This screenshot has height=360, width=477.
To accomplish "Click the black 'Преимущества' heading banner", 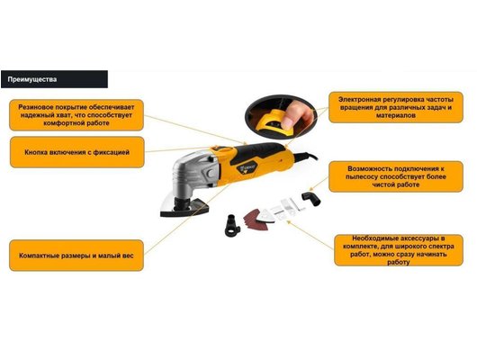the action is point(54,79).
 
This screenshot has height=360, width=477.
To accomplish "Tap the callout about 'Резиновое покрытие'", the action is point(76,115).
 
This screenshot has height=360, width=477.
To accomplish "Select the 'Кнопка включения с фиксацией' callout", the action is point(77,152).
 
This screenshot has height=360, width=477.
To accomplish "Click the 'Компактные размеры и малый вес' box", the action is point(76,256).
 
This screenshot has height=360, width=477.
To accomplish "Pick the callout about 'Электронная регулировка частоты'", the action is point(396,107).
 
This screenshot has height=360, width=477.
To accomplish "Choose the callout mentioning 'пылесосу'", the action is point(396,176).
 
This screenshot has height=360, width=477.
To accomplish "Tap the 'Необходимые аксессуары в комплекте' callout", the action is point(399,250).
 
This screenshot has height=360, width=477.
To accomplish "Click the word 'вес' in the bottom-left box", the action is point(128,256).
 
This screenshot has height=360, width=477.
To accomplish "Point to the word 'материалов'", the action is point(395,115).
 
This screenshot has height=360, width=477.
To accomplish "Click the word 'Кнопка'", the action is point(35,152).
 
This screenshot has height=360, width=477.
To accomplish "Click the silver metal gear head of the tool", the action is point(194,174).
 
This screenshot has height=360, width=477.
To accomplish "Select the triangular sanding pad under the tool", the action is point(184,208).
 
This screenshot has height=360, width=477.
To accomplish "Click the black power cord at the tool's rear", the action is point(306,157).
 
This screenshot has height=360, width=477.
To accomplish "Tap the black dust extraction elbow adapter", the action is point(310,198).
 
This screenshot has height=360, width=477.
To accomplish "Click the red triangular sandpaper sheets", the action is point(255,220).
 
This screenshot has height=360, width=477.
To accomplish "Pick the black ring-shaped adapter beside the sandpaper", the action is point(233,226).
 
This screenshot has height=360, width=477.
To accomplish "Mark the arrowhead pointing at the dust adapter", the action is point(310,189).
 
